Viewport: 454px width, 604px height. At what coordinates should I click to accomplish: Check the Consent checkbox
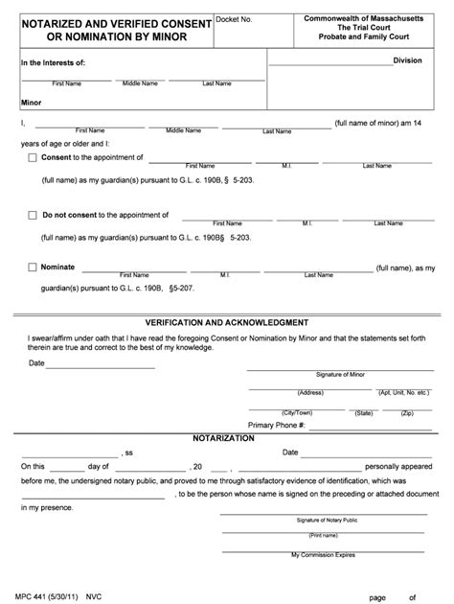point(34,158)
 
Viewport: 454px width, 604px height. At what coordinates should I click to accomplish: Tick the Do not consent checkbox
point(34,216)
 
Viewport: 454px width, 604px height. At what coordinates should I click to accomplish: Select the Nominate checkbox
point(34,268)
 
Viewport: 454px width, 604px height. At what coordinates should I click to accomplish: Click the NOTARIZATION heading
point(222,437)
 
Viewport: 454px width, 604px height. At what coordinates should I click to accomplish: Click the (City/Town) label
point(311,412)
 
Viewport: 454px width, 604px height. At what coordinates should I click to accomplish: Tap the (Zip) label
point(406,412)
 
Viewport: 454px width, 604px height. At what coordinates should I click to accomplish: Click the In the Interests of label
point(54,63)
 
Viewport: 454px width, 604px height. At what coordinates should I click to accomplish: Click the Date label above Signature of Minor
point(36,363)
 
